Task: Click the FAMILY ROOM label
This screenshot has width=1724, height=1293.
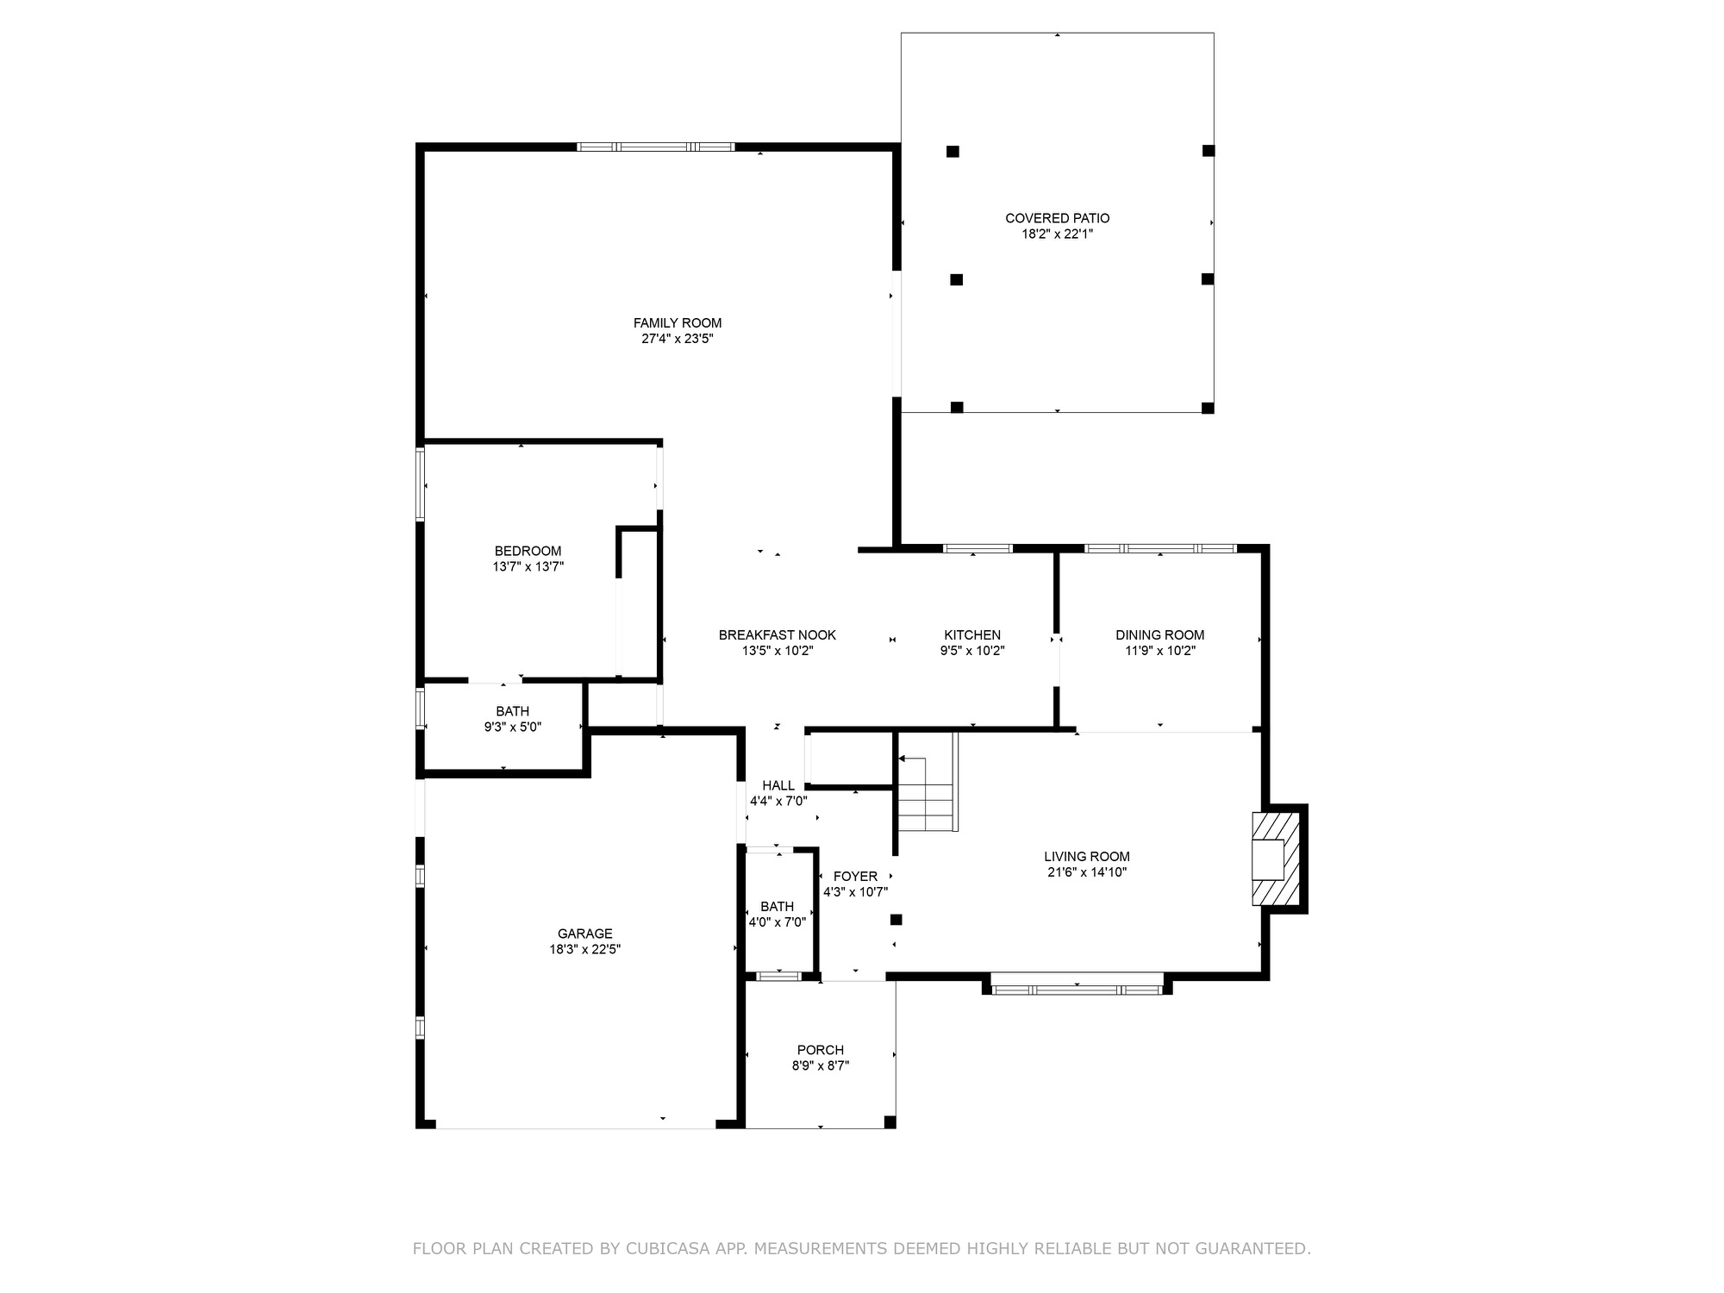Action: tap(678, 323)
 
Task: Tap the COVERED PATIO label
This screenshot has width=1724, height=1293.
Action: tap(1058, 219)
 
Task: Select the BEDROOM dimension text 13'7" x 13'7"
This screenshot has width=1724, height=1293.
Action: tap(528, 566)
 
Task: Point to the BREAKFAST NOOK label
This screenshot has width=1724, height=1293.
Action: tap(778, 635)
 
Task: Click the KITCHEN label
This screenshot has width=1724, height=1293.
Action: tap(972, 635)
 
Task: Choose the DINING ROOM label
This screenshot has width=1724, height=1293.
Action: tap(1160, 635)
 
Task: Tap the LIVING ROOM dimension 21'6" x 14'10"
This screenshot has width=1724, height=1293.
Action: tap(1087, 872)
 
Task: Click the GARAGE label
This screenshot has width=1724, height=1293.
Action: tap(585, 934)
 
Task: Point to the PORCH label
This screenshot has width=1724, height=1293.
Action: tap(821, 1050)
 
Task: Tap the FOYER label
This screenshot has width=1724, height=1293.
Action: tap(856, 877)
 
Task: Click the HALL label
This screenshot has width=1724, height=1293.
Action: tap(778, 785)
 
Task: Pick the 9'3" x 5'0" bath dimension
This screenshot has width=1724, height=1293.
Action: tap(513, 727)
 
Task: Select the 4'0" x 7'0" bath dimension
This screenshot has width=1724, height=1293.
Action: tap(778, 922)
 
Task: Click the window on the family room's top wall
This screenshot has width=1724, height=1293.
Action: tap(656, 147)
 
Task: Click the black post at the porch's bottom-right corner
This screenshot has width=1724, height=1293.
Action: tap(890, 1122)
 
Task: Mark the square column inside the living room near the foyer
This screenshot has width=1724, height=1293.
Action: tap(896, 920)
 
